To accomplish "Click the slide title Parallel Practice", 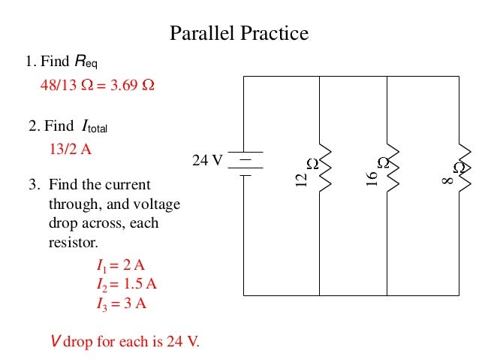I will click(x=239, y=34).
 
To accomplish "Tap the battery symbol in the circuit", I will click(x=245, y=164).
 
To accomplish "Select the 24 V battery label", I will click(x=207, y=161).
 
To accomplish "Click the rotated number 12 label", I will click(x=302, y=180).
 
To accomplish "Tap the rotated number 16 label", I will click(x=372, y=178).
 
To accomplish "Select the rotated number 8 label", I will click(x=448, y=180).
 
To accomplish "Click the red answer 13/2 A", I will click(x=70, y=149).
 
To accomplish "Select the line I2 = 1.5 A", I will click(x=126, y=284).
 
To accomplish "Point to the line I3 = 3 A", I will click(x=121, y=304).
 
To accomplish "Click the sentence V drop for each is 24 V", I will click(x=125, y=342).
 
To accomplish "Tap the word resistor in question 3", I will click(x=74, y=242).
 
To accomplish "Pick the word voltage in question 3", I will click(x=157, y=204).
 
